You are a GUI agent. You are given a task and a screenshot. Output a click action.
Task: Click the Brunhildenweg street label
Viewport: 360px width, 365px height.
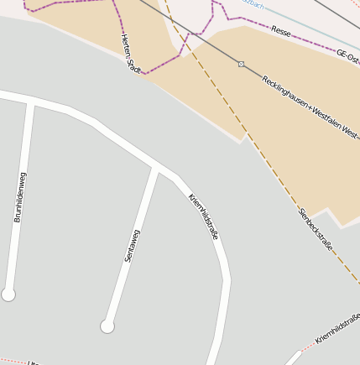point(21,197)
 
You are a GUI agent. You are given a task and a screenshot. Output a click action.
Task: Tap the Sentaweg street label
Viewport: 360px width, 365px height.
point(133,246)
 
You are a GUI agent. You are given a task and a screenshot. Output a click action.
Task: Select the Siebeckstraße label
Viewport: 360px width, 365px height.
point(316,229)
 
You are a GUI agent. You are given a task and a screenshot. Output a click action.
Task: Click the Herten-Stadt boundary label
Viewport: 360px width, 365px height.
point(130,53)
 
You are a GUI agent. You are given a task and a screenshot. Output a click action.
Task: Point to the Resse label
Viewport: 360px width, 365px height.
point(281,31)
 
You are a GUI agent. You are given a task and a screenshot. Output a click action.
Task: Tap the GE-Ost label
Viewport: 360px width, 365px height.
point(347,54)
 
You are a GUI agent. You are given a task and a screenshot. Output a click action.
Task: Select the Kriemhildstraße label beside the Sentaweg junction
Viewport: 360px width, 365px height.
point(203,216)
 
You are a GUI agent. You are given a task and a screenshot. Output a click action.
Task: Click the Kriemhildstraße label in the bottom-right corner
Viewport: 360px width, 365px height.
point(337,327)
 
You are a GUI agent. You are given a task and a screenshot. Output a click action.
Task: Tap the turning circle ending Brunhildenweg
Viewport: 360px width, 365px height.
point(8,295)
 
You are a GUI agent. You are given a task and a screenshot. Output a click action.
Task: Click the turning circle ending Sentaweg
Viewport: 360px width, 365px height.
point(107,326)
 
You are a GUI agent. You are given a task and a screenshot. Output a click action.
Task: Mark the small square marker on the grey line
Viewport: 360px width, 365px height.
point(241,65)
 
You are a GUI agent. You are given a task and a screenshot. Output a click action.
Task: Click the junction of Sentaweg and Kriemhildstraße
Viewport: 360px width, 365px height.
point(157,168)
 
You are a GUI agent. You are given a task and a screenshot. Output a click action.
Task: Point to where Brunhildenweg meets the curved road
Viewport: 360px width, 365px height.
point(32,102)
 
